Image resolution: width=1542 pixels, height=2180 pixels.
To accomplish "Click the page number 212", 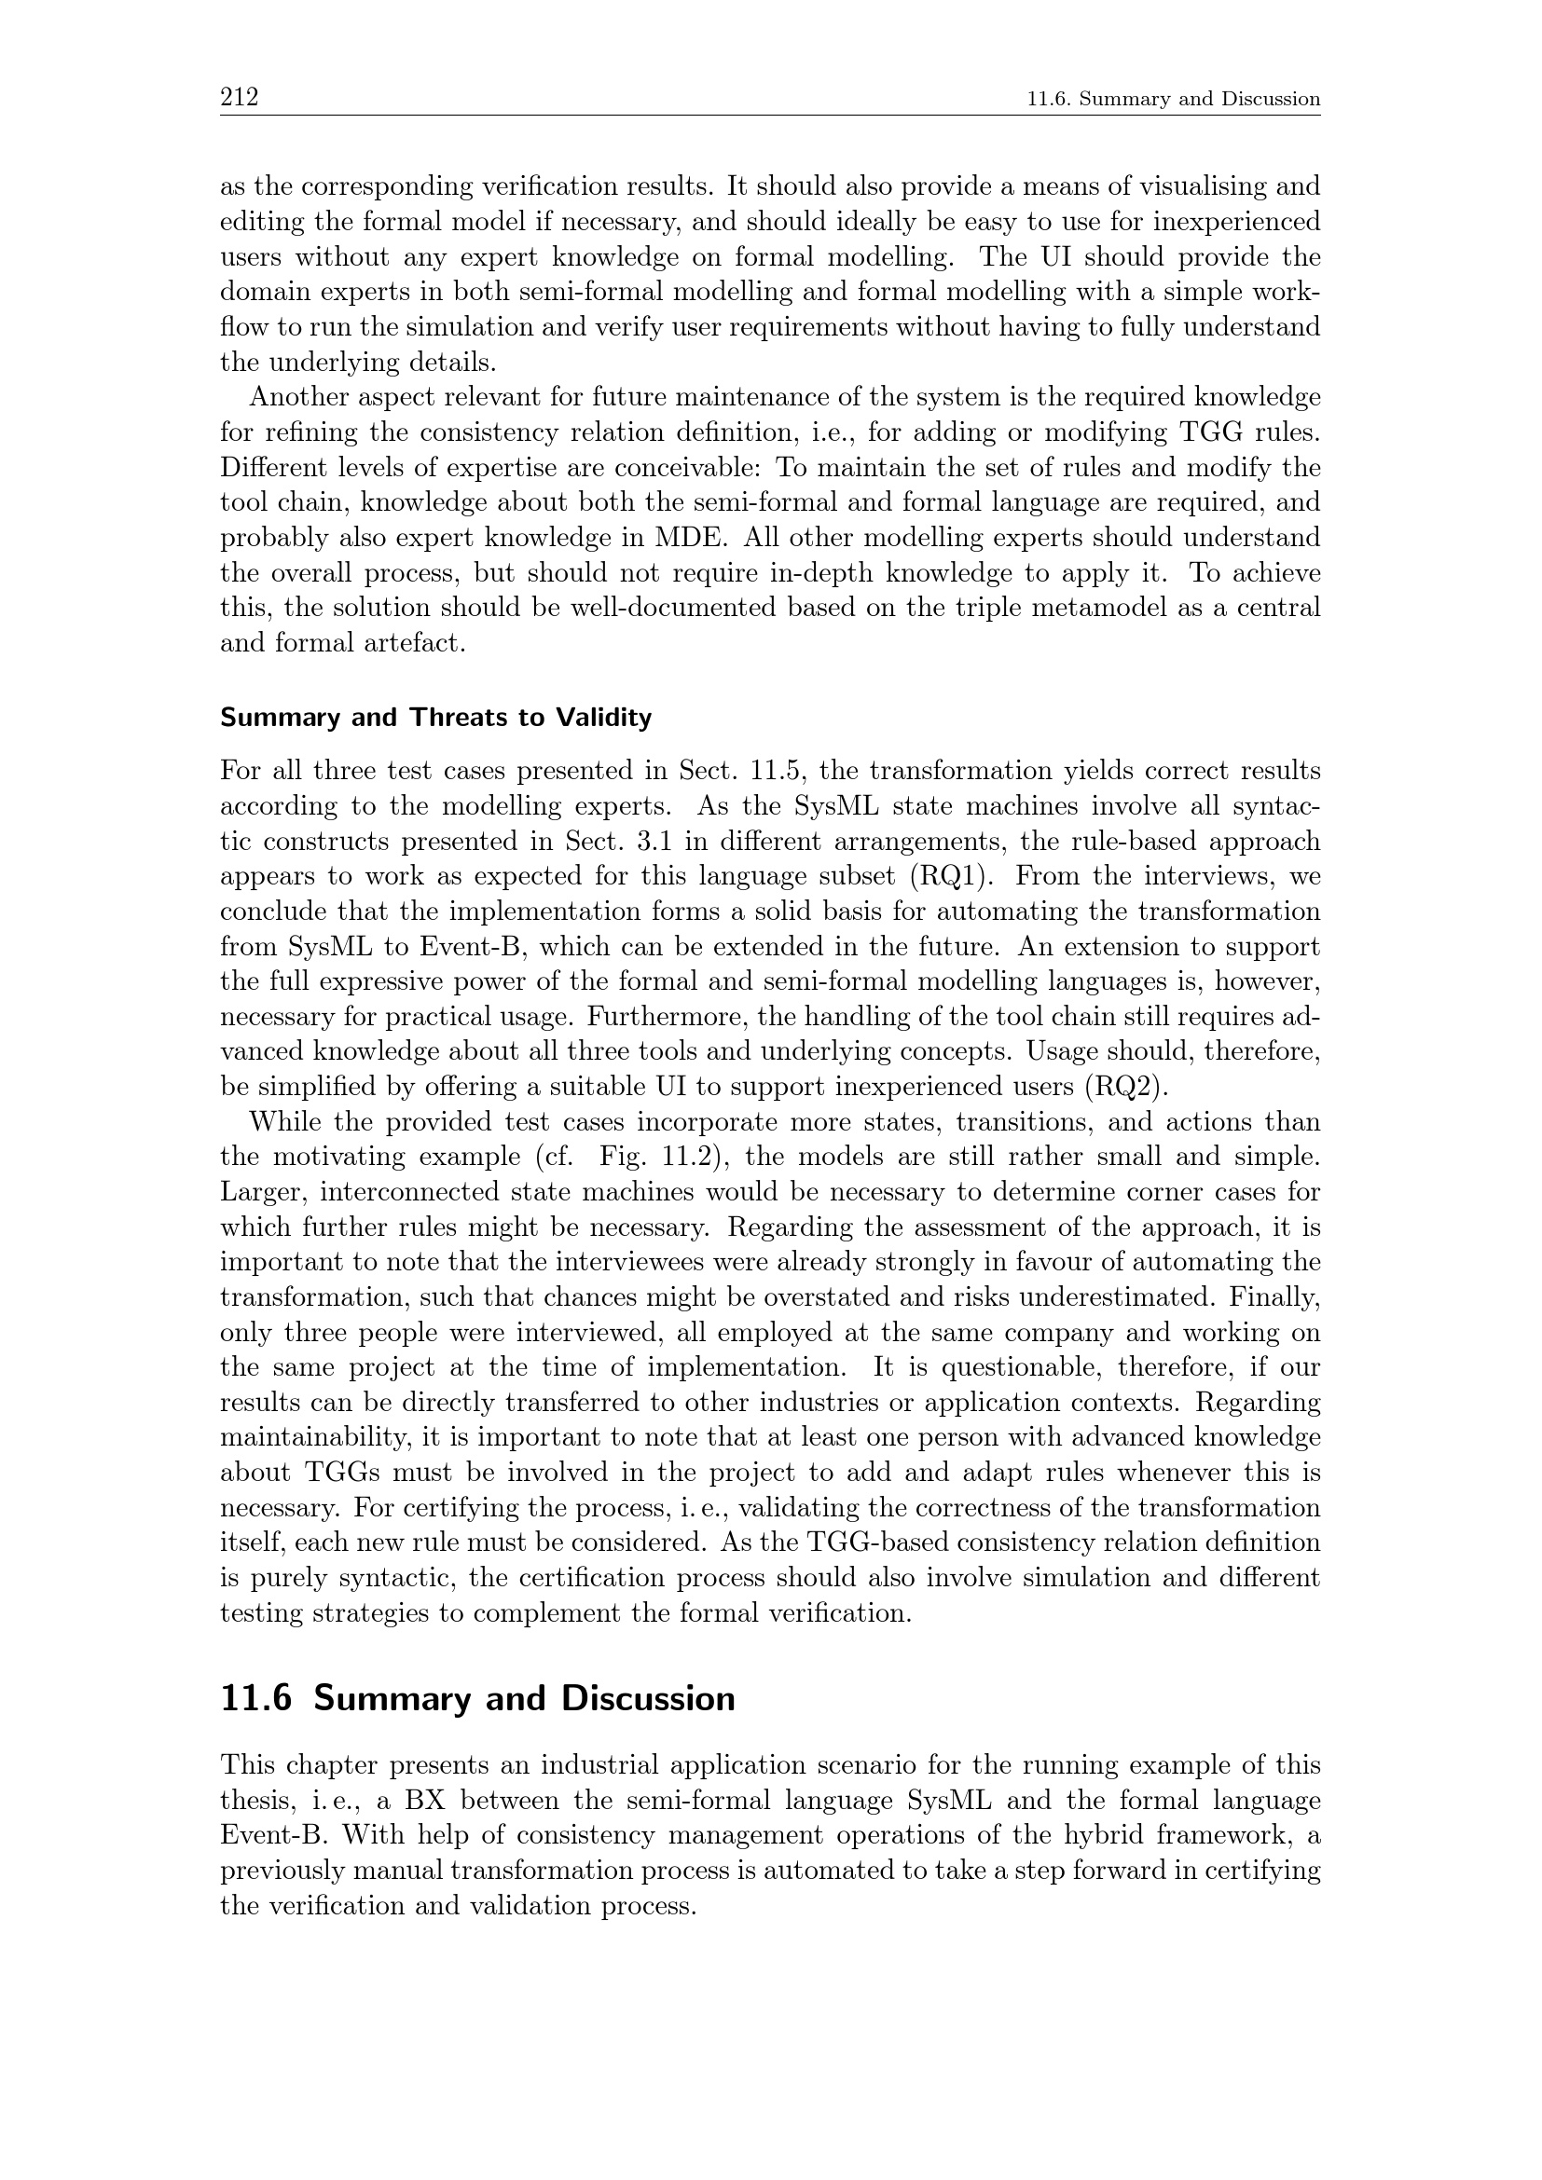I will [240, 97].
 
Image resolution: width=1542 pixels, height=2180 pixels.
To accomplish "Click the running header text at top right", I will [1174, 99].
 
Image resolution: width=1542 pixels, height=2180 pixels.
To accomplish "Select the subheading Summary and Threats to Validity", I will [435, 718].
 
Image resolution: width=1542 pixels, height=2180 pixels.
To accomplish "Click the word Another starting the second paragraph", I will [297, 398].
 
